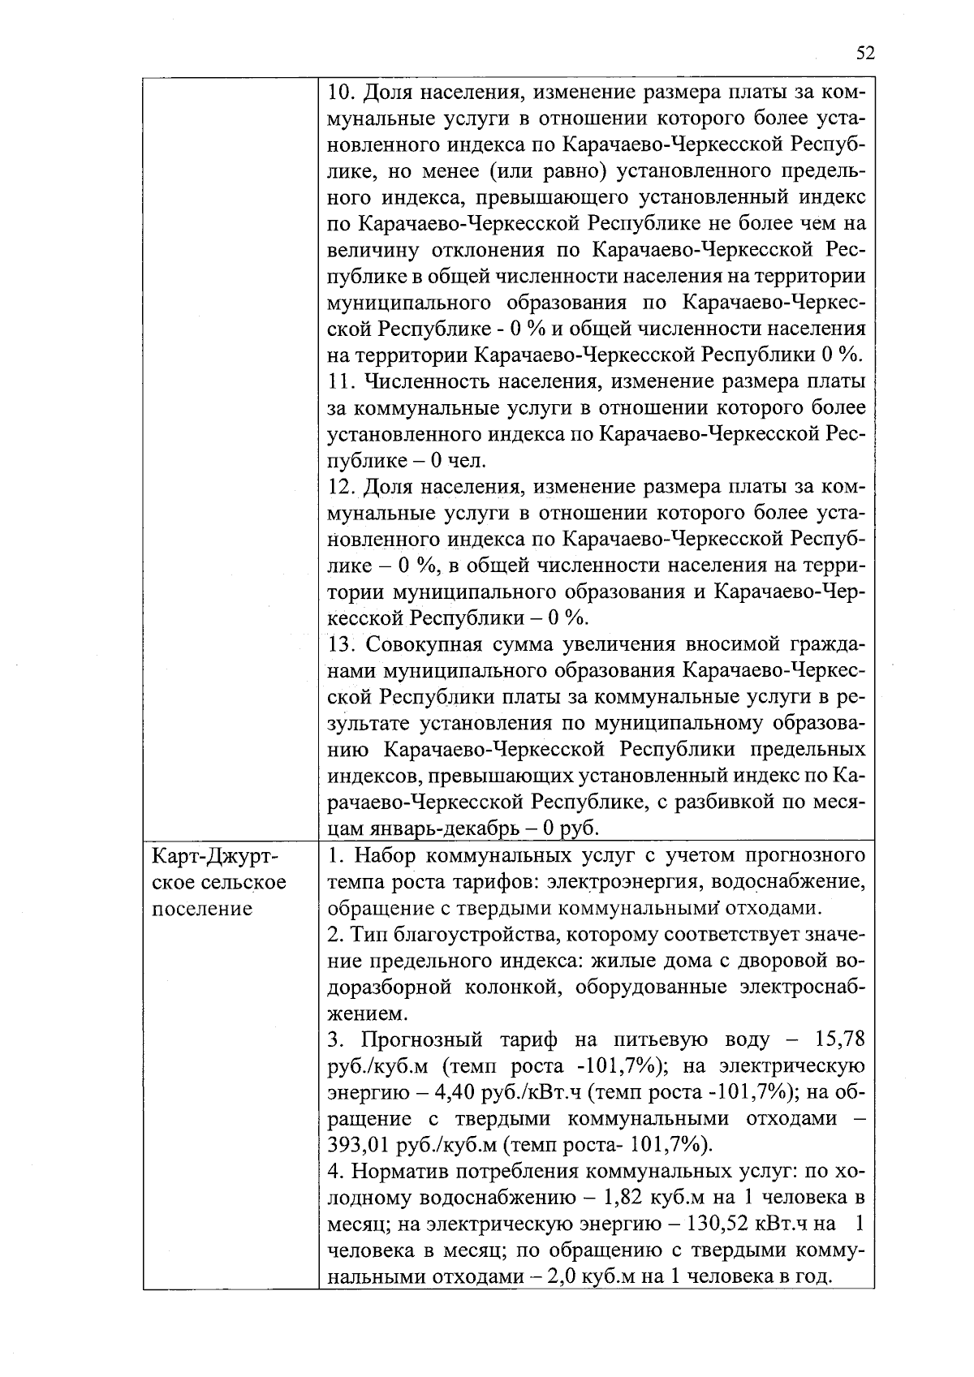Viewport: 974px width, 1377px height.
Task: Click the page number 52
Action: click(865, 54)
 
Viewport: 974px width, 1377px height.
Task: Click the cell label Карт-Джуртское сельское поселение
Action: click(219, 882)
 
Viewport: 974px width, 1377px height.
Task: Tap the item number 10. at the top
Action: click(342, 92)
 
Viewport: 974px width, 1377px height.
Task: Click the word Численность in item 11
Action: click(427, 381)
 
